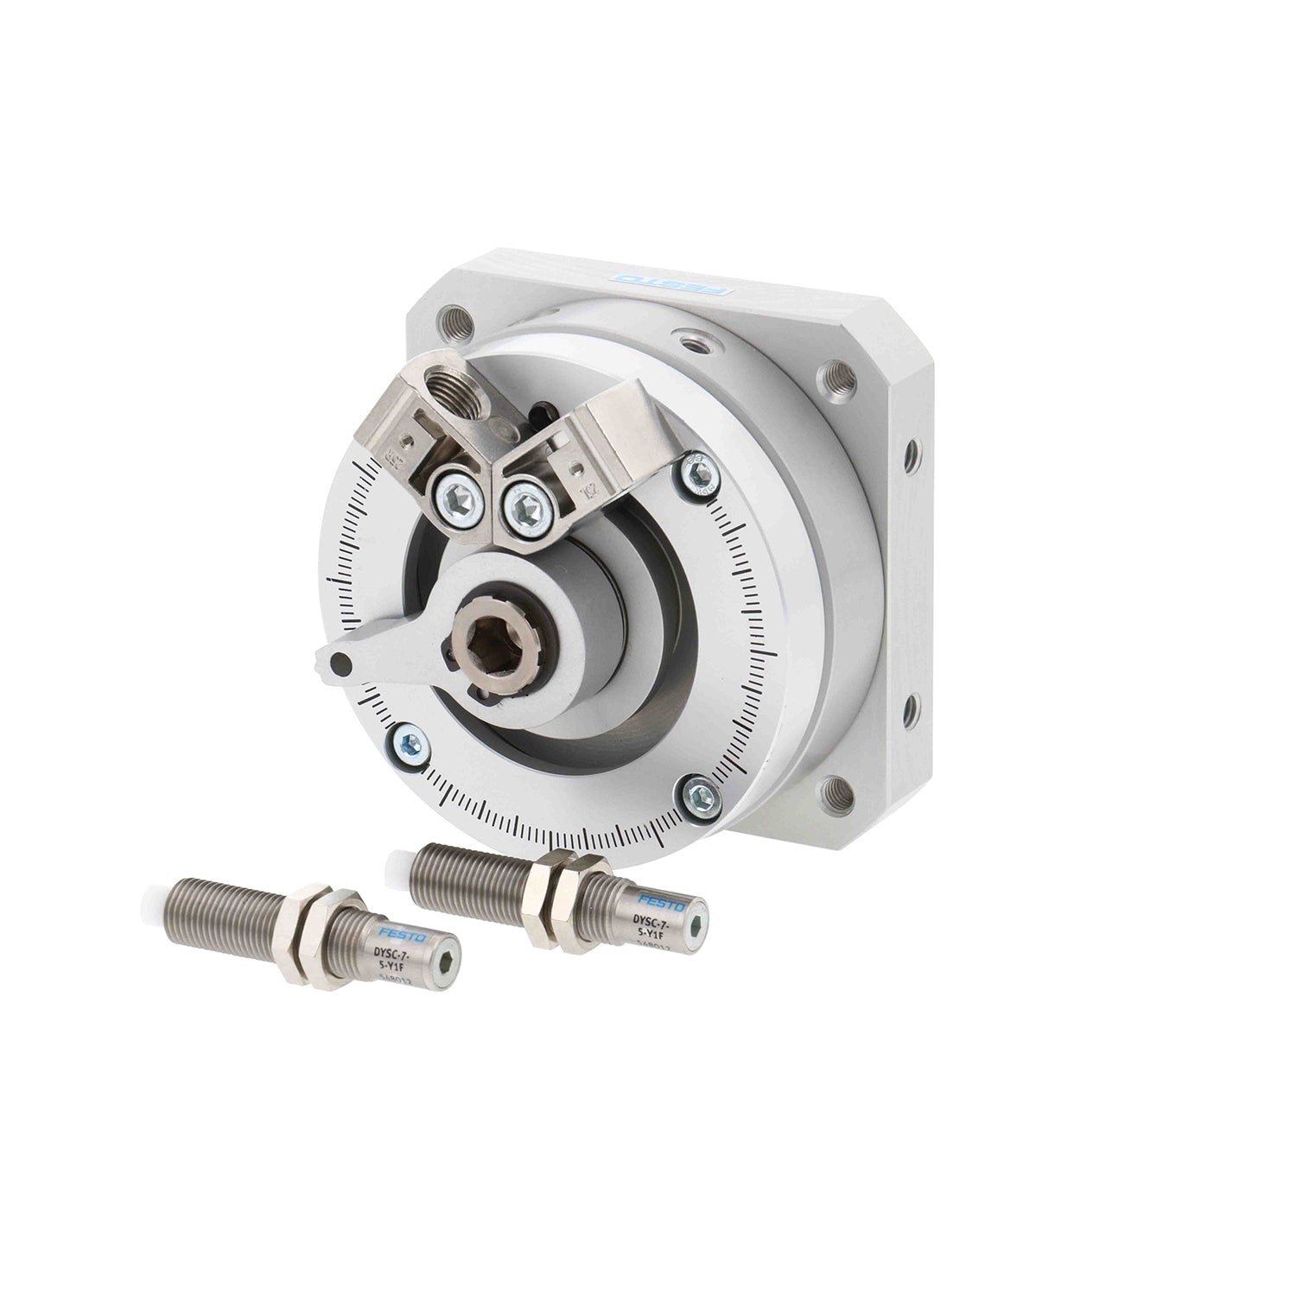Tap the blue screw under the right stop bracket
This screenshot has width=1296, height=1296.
(697, 471)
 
